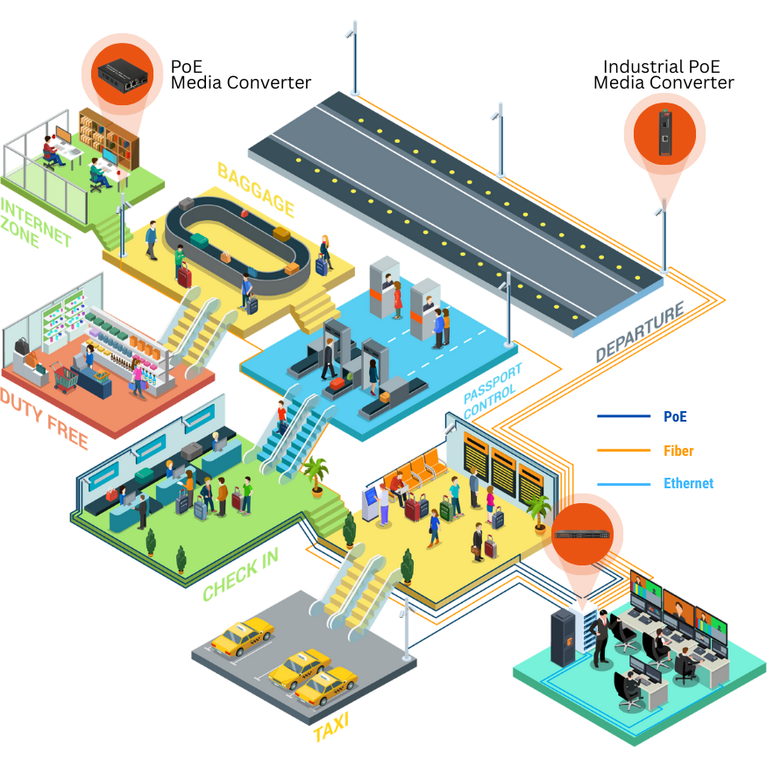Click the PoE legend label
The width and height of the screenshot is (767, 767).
click(675, 416)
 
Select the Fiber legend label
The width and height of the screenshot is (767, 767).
click(678, 451)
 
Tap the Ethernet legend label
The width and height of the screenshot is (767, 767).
click(688, 483)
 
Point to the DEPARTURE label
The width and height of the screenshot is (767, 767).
click(640, 334)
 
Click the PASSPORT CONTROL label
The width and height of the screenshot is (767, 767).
click(494, 388)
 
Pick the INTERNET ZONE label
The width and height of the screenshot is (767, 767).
click(35, 224)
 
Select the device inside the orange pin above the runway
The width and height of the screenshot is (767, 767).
click(664, 134)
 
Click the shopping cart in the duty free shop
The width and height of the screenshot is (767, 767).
click(67, 377)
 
